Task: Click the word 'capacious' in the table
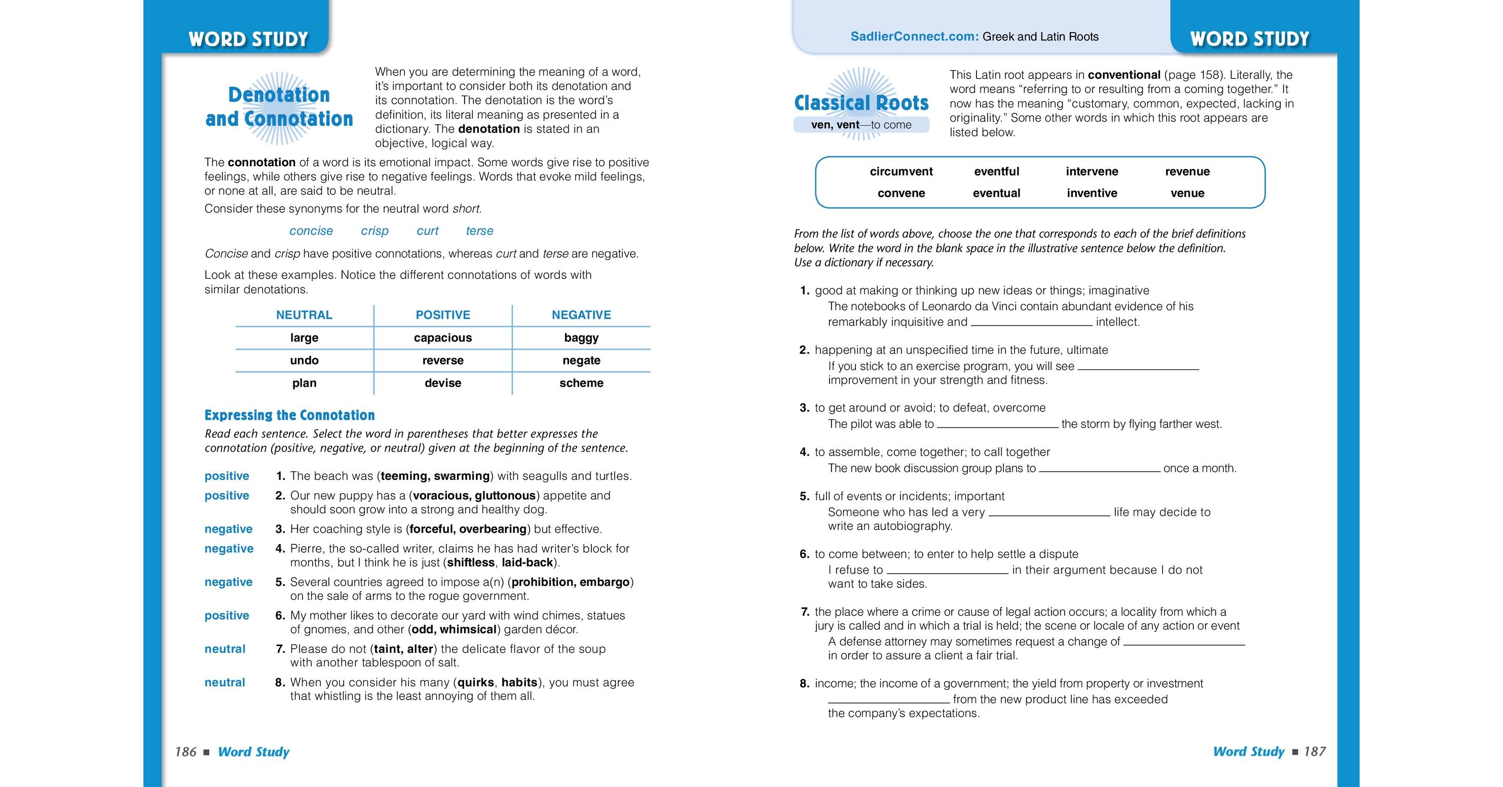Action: coord(442,338)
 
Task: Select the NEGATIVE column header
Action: coord(581,315)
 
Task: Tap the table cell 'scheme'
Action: coord(581,383)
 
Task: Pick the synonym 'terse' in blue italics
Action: coord(479,231)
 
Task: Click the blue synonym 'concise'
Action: coord(311,231)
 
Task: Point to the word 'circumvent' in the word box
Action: coord(901,171)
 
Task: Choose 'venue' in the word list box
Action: coord(1187,193)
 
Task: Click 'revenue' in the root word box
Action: coord(1187,171)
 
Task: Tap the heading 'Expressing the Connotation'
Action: coord(289,416)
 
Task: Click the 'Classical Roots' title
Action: coord(861,103)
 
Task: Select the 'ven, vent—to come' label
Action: coord(860,125)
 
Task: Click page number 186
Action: coord(185,752)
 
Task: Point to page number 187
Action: coord(1314,752)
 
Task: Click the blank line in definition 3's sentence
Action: coord(997,425)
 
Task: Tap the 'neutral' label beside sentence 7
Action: coord(224,649)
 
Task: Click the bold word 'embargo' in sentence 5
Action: coord(605,582)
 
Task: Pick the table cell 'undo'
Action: coord(304,360)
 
